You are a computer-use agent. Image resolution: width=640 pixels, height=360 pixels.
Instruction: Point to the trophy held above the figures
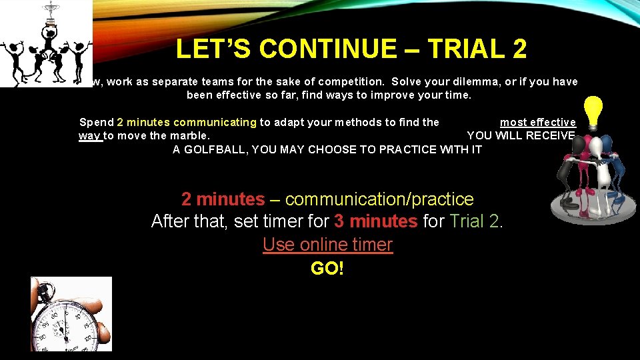[49, 13]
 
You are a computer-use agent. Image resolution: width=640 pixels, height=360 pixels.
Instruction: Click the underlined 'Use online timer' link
[327, 245]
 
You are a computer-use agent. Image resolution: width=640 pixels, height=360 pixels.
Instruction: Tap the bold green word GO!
[327, 269]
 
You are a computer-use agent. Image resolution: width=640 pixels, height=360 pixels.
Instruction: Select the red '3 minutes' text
[376, 221]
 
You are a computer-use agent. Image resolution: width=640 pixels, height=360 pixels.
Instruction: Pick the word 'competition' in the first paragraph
[351, 82]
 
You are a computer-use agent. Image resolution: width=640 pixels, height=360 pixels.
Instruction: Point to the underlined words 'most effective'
[537, 122]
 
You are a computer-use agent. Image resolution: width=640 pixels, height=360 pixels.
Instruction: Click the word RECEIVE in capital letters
[550, 136]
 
